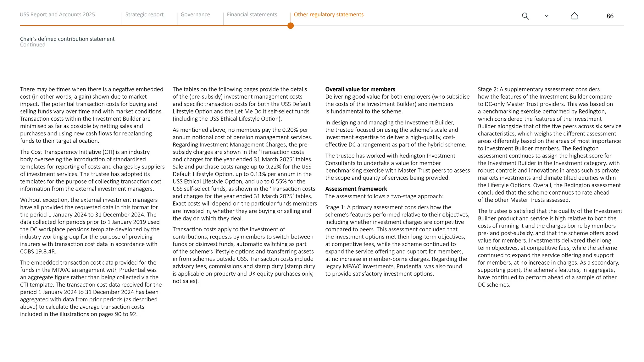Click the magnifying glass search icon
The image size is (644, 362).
[525, 16]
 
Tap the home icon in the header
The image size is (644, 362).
[574, 16]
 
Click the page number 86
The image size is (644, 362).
[610, 16]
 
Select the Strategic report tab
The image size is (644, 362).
[144, 14]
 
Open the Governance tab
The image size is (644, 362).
[195, 14]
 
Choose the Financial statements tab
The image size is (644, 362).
[252, 14]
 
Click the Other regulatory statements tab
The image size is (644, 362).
[329, 14]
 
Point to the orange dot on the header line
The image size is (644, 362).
[291, 26]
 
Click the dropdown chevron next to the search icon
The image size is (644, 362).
[547, 16]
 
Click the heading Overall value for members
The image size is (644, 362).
[360, 89]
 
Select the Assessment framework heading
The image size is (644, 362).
[356, 189]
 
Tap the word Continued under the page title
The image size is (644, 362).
[33, 45]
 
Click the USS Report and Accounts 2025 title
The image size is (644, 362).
[57, 14]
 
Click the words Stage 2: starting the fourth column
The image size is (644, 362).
[488, 89]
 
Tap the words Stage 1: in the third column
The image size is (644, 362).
[335, 207]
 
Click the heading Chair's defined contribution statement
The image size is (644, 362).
[67, 39]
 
